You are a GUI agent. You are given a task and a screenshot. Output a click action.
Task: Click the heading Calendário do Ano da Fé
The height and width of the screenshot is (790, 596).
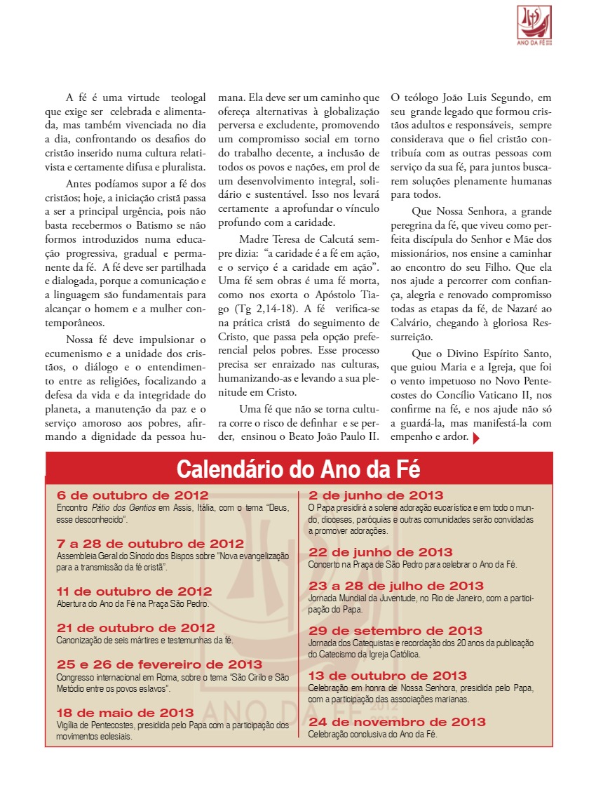(x=298, y=468)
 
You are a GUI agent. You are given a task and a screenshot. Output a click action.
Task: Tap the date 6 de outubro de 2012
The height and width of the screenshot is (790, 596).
(x=132, y=496)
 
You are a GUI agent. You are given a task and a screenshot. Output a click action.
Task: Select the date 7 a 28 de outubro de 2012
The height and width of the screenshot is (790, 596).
(x=150, y=544)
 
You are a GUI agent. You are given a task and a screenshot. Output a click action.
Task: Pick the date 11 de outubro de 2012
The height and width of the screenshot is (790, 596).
(x=134, y=591)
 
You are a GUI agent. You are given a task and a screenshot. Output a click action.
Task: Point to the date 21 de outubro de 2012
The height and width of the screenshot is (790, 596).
(x=135, y=628)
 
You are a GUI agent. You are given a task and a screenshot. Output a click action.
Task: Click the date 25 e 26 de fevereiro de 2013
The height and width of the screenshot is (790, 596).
(x=159, y=664)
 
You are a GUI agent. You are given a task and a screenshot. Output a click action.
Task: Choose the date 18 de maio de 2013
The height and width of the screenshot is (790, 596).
(x=125, y=713)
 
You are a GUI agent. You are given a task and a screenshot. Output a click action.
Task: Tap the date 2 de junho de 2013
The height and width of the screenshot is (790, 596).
(x=376, y=496)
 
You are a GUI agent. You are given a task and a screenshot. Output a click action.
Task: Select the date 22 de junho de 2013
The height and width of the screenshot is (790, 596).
(x=381, y=552)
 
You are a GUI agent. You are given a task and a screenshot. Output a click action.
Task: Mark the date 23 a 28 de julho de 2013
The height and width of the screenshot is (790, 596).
(x=396, y=586)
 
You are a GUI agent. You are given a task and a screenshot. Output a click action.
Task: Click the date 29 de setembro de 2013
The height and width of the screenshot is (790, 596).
(x=395, y=631)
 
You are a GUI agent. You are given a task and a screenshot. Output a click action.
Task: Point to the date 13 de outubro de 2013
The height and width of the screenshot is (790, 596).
(x=388, y=676)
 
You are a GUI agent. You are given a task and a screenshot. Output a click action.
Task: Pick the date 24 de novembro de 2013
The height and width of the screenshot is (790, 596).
(x=397, y=722)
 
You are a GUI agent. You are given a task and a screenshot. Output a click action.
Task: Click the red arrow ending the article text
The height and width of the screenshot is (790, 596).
(x=477, y=438)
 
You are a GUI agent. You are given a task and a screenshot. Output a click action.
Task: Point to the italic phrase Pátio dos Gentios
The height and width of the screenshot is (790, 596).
(x=121, y=507)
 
